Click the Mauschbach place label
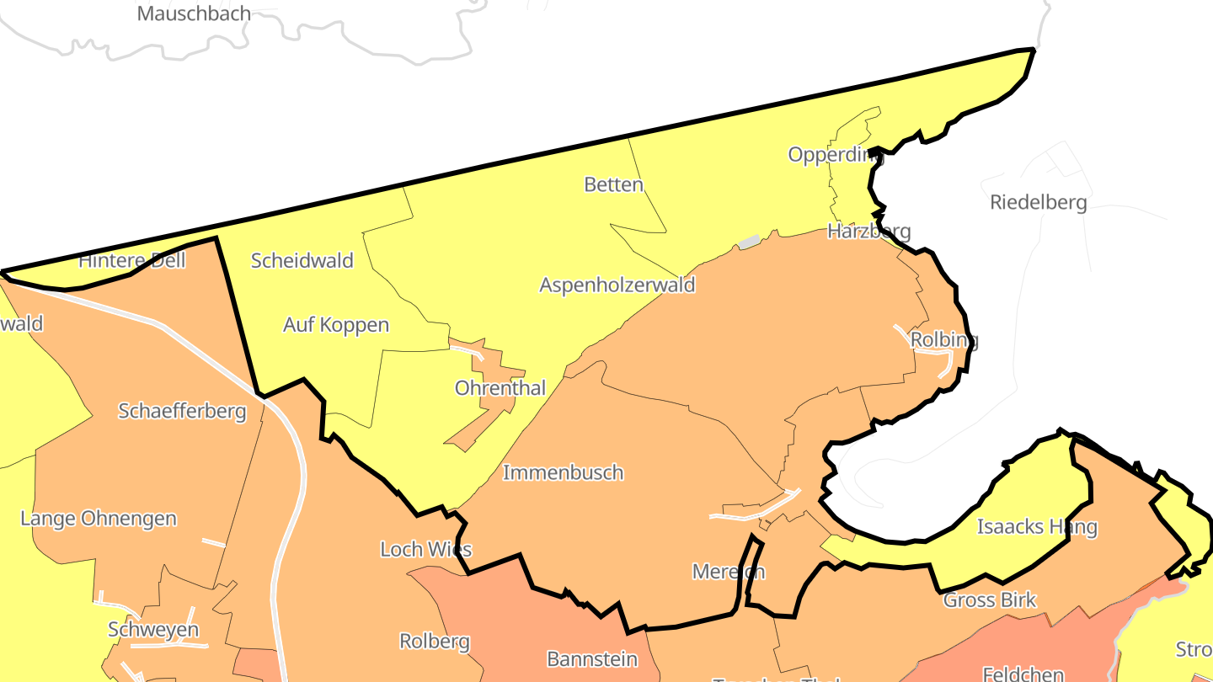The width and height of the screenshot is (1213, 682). [194, 13]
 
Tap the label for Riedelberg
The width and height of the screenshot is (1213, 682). [1038, 203]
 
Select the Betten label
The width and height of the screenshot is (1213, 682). [613, 184]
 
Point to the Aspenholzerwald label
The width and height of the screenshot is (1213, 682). [617, 285]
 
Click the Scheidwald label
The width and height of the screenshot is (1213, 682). [302, 260]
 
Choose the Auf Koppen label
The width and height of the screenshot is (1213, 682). [335, 324]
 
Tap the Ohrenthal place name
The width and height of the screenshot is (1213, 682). [500, 388]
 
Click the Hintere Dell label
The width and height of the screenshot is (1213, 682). [131, 260]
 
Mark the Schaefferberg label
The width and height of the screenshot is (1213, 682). [182, 411]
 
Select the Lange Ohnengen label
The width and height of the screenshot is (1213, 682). [99, 518]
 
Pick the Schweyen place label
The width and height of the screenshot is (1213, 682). [153, 630]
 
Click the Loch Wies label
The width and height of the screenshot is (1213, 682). [425, 550]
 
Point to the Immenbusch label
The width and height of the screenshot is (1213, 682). [563, 472]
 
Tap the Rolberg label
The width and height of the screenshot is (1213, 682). [434, 642]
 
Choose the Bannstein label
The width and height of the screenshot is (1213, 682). [592, 658]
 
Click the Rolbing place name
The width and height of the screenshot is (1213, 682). [944, 340]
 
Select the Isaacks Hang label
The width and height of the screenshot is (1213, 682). [1036, 527]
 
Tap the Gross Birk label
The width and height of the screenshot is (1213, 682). [989, 600]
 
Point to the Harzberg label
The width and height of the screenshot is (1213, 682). [868, 231]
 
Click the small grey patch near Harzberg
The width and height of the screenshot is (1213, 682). [749, 242]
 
